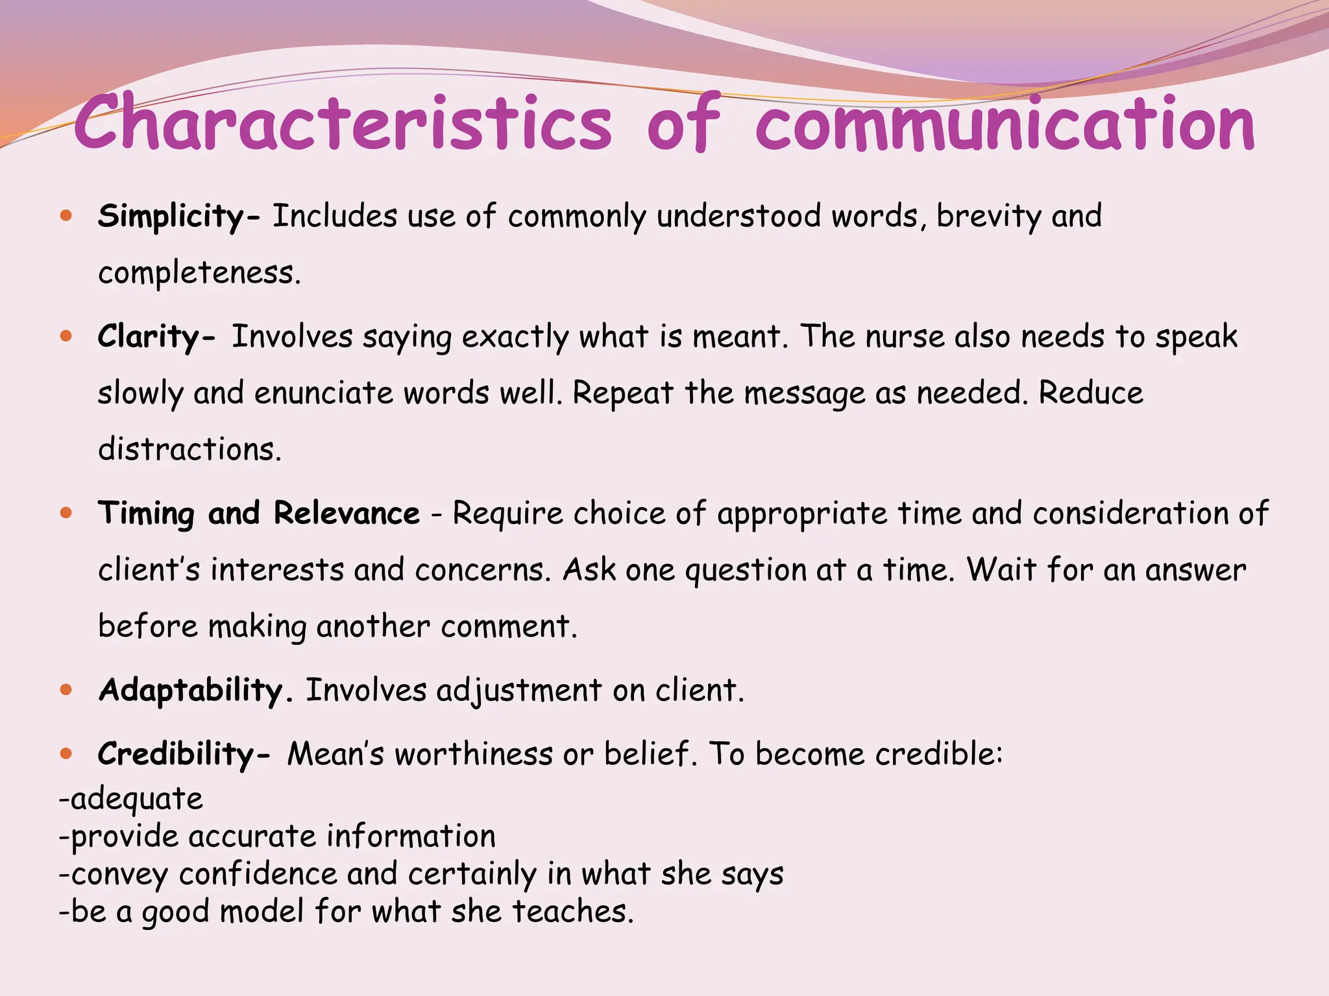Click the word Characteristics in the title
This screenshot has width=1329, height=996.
343,123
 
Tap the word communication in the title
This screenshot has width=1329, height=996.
1005,123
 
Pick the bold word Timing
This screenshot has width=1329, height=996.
146,514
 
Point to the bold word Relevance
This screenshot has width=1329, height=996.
347,514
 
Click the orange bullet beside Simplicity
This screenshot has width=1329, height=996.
66,215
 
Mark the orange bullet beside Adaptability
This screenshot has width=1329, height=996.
66,689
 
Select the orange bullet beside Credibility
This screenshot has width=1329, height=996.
66,753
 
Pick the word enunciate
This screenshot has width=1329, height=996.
323,394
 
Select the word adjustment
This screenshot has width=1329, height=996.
519,691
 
